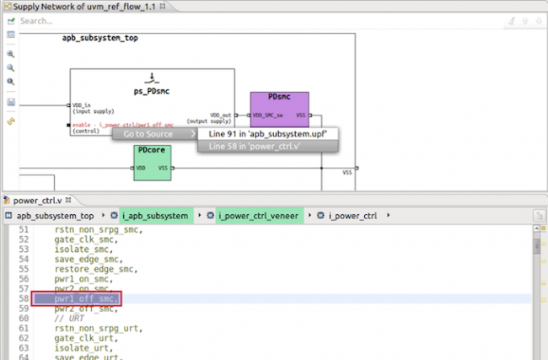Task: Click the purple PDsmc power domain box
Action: click(279, 110)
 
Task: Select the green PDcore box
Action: click(153, 161)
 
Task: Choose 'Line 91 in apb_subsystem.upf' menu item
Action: click(267, 133)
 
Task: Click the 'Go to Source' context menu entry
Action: click(148, 133)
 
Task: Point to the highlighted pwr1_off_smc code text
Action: click(87, 299)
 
